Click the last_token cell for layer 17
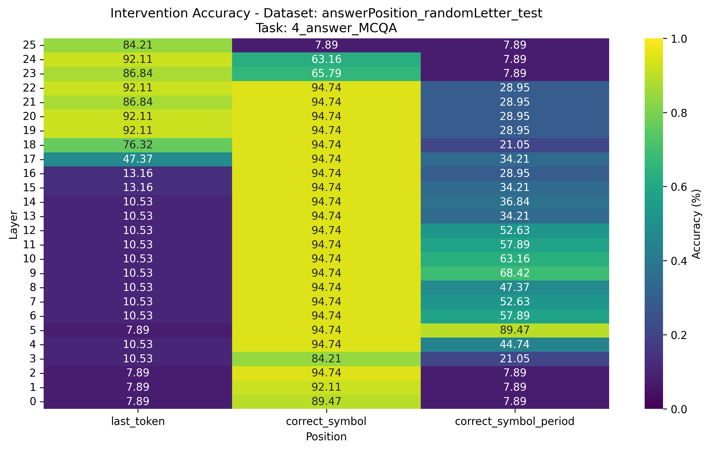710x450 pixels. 138,159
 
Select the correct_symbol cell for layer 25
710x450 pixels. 326,45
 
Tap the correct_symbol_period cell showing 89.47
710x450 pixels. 514,330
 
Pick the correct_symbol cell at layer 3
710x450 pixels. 326,359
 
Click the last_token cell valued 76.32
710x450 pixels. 138,145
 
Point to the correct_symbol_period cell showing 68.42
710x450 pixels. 514,273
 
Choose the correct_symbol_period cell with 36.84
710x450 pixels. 514,202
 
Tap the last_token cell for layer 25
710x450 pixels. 138,45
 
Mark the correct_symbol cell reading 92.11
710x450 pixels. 326,387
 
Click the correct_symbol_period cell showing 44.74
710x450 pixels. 514,345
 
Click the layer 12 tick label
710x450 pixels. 29,230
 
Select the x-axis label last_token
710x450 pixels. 138,421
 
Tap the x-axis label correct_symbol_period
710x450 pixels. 514,421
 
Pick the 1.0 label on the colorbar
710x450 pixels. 679,39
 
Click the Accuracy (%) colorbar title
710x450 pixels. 696,224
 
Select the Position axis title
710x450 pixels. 326,437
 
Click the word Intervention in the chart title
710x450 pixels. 151,13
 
